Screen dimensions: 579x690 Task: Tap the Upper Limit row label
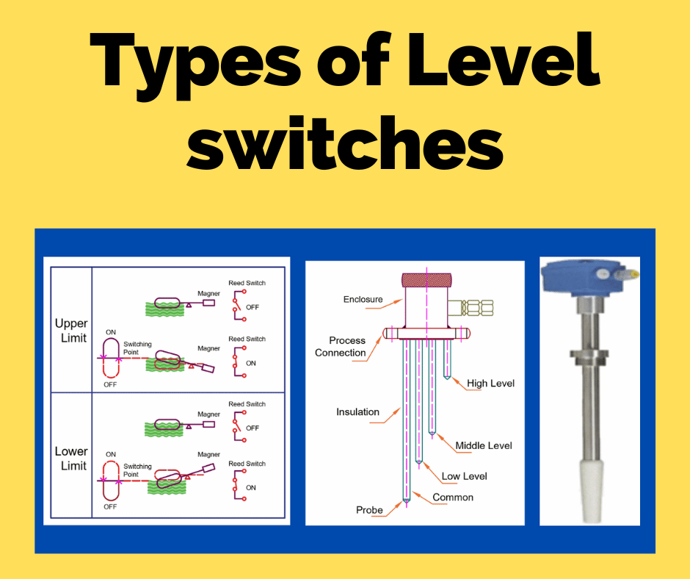(71, 331)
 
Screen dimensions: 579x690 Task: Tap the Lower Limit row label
(71, 458)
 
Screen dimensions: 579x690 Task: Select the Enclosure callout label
(363, 299)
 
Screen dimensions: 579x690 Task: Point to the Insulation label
(357, 412)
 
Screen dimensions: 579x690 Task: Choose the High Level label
(490, 384)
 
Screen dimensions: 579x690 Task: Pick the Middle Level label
(484, 445)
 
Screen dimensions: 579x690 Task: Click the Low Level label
(464, 476)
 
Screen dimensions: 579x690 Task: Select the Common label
(453, 497)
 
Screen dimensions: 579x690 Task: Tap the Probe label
(369, 510)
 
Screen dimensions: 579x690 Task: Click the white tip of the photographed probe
(590, 488)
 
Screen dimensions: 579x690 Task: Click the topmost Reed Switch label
(247, 283)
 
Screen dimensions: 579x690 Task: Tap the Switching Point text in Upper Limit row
(137, 348)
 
